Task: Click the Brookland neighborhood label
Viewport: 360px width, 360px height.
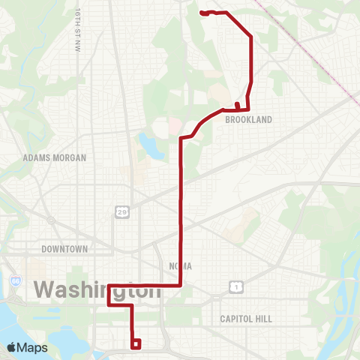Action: pos(247,119)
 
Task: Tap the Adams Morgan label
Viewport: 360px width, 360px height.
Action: pos(55,158)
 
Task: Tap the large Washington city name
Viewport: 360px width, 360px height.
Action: pos(97,289)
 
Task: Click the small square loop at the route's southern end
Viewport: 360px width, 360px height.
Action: pos(136,344)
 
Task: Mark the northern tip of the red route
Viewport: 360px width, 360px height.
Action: pos(202,13)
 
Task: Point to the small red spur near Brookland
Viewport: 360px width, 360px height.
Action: pos(237,105)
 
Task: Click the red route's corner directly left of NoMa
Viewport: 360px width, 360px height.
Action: pos(181,285)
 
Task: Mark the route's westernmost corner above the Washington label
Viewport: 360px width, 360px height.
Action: pos(110,286)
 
